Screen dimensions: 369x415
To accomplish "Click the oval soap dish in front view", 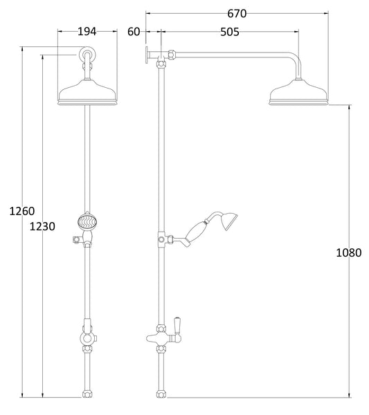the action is [87, 223].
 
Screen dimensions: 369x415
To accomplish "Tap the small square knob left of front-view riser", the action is [72, 241].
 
